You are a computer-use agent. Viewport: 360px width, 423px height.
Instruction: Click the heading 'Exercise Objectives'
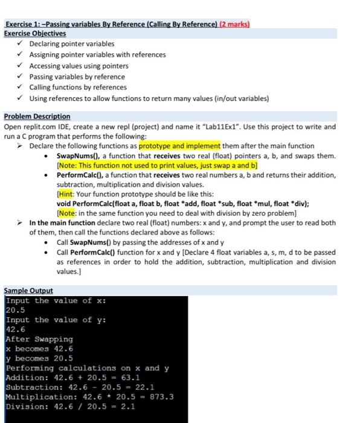tap(35, 34)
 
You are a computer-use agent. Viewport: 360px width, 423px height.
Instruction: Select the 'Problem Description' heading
tap(37, 116)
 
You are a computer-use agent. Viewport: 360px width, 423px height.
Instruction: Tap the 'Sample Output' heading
tap(28, 291)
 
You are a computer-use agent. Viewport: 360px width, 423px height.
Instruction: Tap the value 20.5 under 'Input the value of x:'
tap(16, 310)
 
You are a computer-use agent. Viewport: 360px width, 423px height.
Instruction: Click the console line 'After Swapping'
tap(39, 339)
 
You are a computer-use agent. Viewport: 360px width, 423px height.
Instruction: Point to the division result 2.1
tap(129, 407)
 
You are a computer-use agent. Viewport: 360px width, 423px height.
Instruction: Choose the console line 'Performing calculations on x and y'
tap(88, 368)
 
